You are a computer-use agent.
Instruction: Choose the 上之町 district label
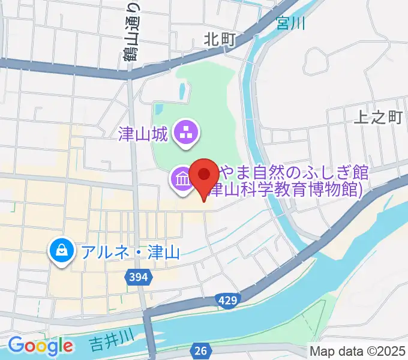(378, 117)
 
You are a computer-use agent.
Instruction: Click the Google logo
(40, 346)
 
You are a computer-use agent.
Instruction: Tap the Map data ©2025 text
(358, 350)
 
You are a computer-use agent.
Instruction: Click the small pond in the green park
(181, 91)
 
